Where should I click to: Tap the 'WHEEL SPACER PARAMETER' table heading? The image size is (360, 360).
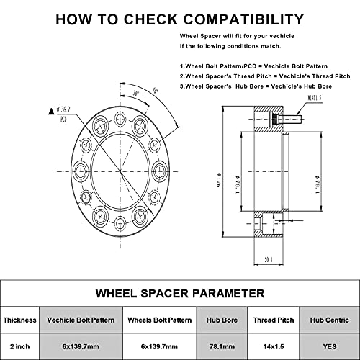pos(180,293)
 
